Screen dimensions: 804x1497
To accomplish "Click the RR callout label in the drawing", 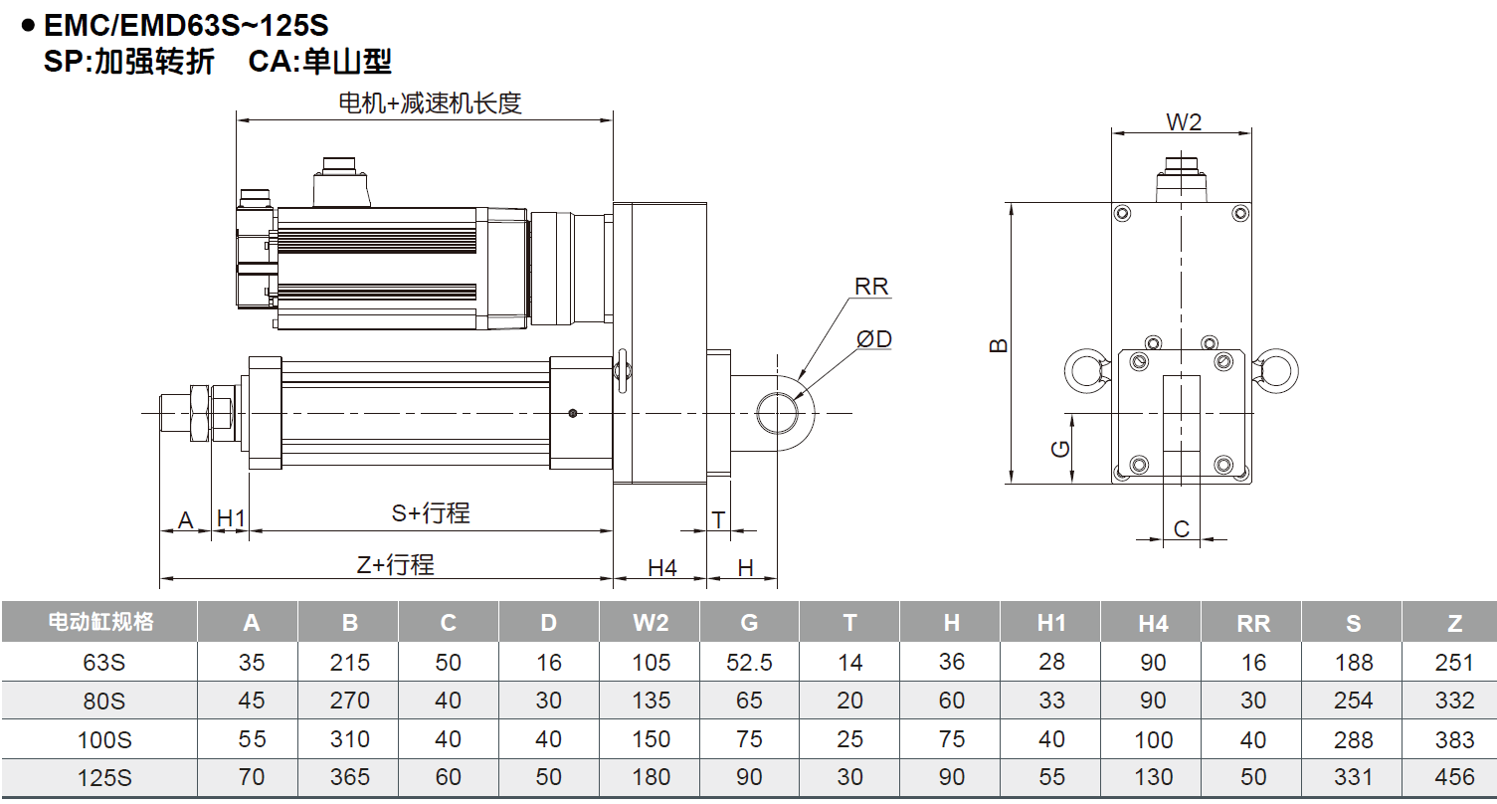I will (871, 287).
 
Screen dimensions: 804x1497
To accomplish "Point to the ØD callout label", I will (874, 339).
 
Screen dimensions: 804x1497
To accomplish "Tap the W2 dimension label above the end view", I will (1184, 121).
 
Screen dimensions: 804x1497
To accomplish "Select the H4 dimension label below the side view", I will (662, 567).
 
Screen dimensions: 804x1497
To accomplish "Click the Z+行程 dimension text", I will (396, 565).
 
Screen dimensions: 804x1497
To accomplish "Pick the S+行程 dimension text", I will (431, 513).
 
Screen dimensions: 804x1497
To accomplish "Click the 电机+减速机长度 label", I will (430, 102).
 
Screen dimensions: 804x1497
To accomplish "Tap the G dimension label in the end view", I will (1061, 448).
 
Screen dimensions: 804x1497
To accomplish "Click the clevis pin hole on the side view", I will (777, 412).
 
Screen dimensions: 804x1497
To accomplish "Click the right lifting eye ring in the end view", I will (1277, 370).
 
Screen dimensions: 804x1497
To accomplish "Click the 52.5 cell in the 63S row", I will (749, 663).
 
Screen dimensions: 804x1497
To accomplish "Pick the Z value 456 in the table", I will (1454, 777).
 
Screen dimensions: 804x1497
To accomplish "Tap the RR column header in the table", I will (1252, 623).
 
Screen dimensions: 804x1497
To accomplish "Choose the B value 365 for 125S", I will (349, 777).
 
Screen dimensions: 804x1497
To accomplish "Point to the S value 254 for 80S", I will (1353, 701).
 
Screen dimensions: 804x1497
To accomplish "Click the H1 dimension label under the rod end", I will (231, 518).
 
